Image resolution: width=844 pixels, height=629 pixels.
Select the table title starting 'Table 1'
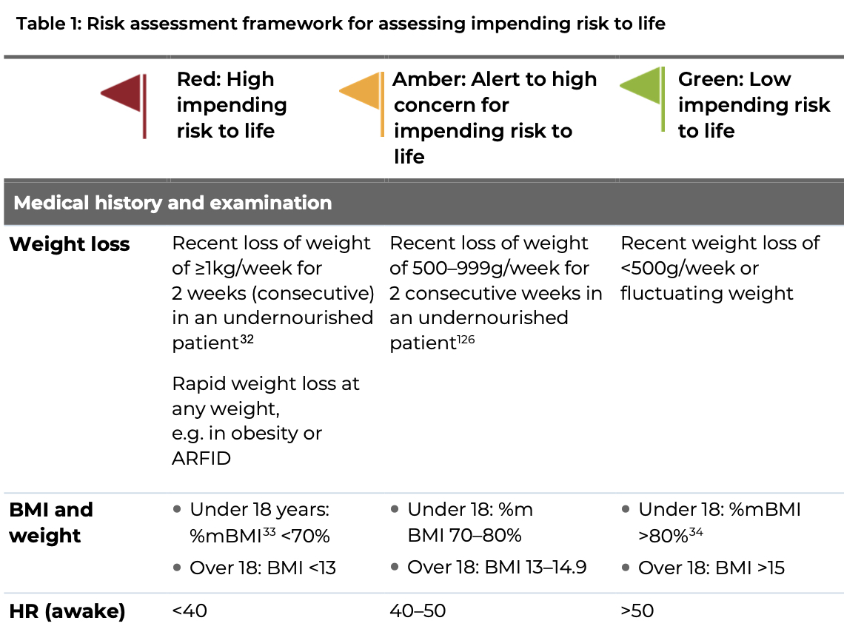click(x=341, y=24)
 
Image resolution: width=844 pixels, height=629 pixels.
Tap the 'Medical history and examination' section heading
click(x=173, y=203)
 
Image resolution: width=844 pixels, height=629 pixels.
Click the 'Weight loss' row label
click(x=70, y=244)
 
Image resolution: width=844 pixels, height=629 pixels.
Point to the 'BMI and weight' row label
click(x=51, y=522)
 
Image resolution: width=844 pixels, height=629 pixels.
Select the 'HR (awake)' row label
click(x=67, y=611)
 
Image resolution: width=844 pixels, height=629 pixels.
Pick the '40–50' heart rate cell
click(x=418, y=611)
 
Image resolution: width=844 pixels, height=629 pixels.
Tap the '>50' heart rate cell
click(x=637, y=611)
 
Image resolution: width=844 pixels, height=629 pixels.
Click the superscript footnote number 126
click(x=465, y=340)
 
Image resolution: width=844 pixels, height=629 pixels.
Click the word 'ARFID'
click(x=201, y=458)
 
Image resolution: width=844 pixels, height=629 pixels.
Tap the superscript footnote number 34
click(x=695, y=531)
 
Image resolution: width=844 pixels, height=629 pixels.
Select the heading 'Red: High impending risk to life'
click(x=232, y=105)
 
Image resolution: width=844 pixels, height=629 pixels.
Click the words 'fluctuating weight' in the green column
click(x=706, y=294)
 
